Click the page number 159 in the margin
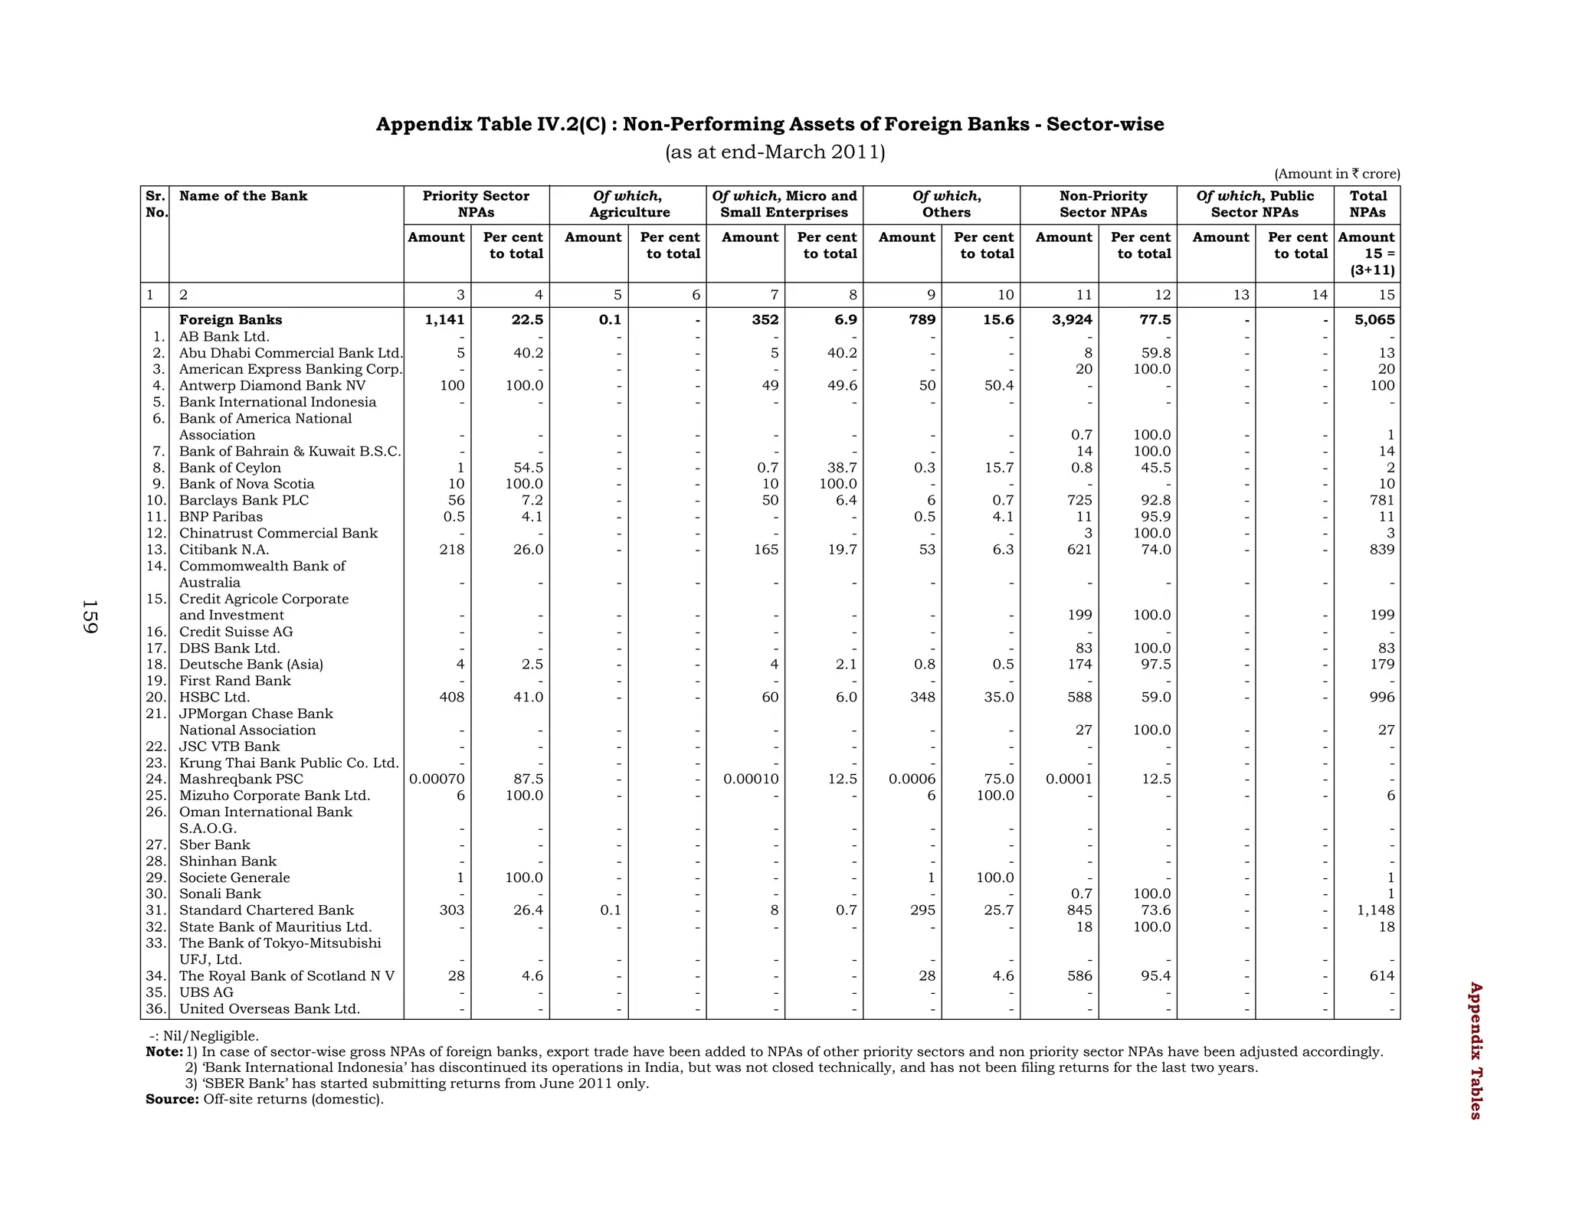(90, 617)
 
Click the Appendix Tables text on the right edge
(1475, 1051)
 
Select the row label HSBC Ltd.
(214, 698)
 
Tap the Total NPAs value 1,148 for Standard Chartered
(1374, 910)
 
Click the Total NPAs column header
(1368, 204)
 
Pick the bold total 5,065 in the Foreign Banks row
(1374, 320)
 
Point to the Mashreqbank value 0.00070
(437, 779)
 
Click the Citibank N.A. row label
(224, 550)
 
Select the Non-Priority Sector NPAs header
(1102, 204)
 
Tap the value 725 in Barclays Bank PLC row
(1078, 501)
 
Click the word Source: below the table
(172, 1100)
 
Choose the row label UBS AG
(206, 992)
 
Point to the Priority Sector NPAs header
(476, 204)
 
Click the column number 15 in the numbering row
(1386, 296)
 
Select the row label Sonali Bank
(220, 894)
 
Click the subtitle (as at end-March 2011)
(775, 152)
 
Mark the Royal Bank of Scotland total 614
(1381, 976)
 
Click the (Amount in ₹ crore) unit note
(1336, 174)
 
